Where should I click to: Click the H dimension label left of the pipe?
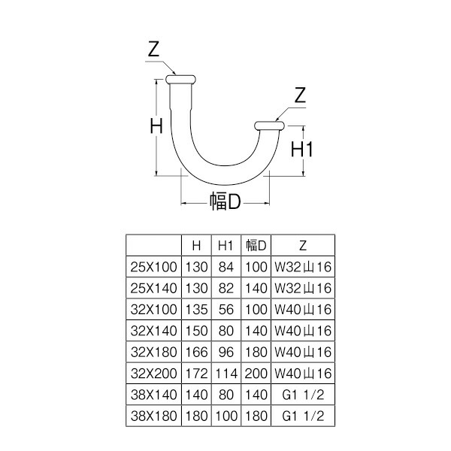[x=156, y=126]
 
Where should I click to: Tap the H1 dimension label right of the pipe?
[x=301, y=150]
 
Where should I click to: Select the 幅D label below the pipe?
[x=225, y=201]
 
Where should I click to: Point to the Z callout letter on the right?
[x=300, y=95]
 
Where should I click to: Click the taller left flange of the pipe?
[x=180, y=80]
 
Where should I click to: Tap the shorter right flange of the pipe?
[x=270, y=126]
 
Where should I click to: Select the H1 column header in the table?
[x=225, y=246]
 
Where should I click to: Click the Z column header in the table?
[x=303, y=246]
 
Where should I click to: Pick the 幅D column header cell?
[x=256, y=245]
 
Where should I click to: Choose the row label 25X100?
[x=153, y=267]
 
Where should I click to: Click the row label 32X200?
[x=153, y=374]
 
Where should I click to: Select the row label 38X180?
[x=153, y=416]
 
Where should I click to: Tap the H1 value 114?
[x=226, y=374]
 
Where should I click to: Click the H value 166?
[x=196, y=352]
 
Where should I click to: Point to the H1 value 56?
[x=226, y=310]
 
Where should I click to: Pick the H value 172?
[x=196, y=374]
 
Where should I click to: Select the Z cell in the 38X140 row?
[x=303, y=395]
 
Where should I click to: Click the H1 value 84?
[x=226, y=267]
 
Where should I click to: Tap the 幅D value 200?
[x=256, y=374]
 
